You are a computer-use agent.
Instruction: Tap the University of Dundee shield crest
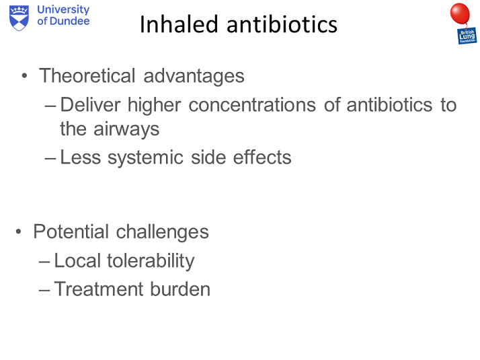[19, 17]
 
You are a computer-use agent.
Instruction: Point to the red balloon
[460, 14]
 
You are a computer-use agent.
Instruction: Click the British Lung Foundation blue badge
[467, 36]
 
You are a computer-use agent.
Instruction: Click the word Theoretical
[88, 75]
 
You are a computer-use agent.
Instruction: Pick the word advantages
[194, 75]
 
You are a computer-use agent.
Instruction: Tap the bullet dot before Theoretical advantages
[25, 76]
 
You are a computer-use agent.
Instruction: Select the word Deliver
[91, 105]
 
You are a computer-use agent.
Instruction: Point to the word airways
[126, 128]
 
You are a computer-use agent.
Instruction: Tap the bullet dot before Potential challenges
[19, 232]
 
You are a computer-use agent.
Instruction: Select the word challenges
[163, 232]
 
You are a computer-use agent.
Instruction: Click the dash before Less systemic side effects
[51, 158]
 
